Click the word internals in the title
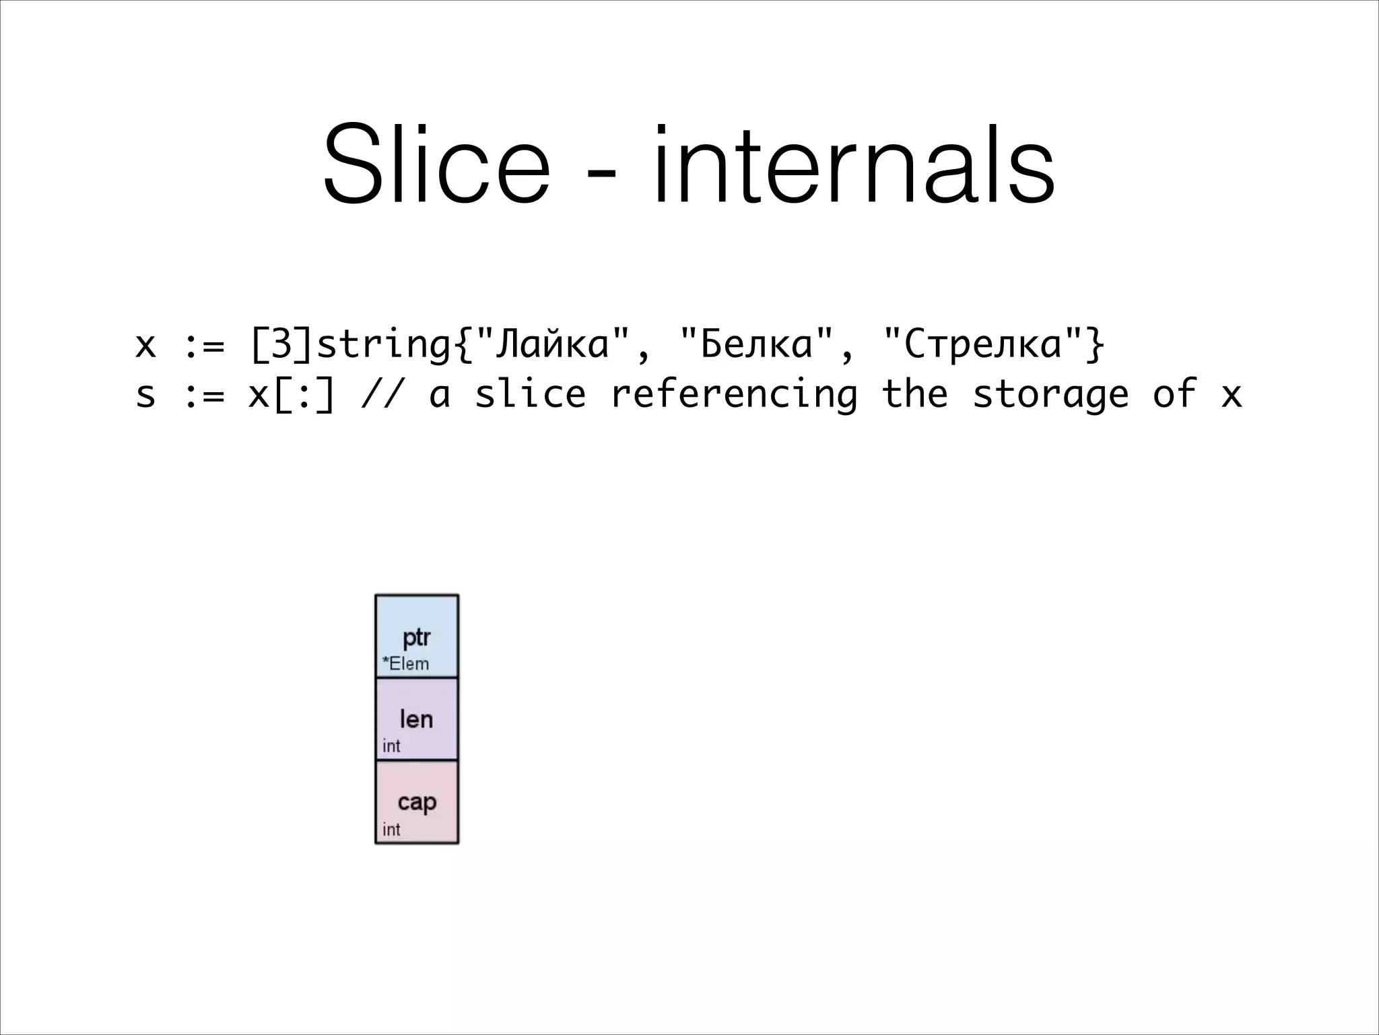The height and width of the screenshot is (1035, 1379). (x=852, y=165)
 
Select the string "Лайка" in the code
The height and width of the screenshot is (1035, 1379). (x=552, y=345)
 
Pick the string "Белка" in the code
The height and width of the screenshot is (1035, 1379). (x=757, y=345)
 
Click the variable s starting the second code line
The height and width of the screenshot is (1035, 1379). (x=145, y=395)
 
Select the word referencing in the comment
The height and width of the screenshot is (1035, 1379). (x=734, y=395)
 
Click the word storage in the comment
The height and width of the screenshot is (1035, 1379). (x=1050, y=395)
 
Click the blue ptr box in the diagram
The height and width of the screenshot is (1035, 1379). (x=417, y=635)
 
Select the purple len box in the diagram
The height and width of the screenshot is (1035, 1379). (x=417, y=719)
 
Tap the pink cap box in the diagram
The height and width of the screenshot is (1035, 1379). (x=417, y=802)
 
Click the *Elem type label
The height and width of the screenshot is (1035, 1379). (x=405, y=664)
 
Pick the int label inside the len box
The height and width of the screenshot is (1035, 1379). (x=391, y=746)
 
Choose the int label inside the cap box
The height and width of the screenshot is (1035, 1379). (x=391, y=829)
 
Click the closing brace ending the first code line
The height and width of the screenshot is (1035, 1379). (x=1096, y=345)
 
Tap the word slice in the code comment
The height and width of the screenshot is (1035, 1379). (x=531, y=395)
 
